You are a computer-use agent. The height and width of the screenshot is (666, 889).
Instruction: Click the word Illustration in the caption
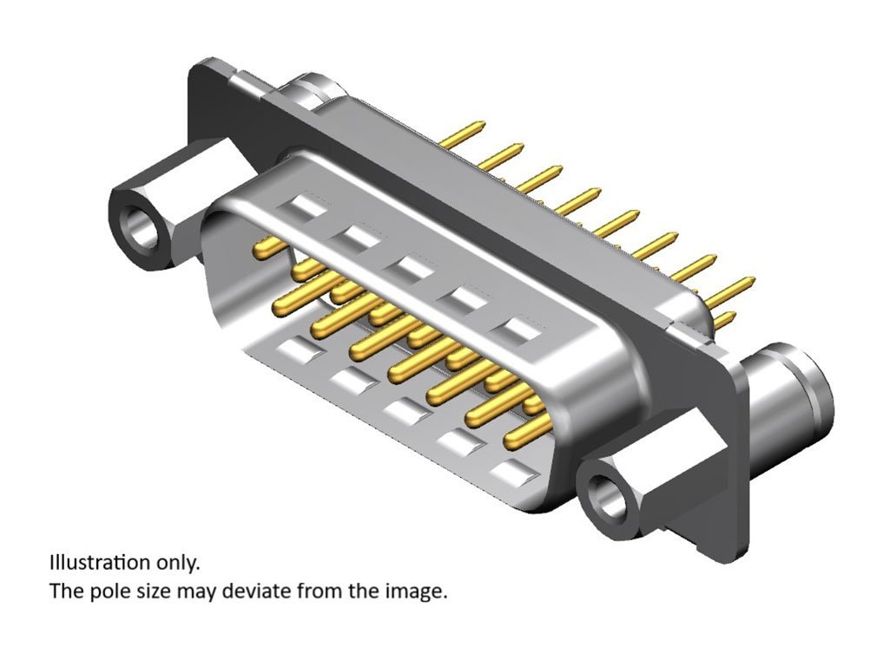[100, 562]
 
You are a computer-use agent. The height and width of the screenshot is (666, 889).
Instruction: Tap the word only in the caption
[177, 564]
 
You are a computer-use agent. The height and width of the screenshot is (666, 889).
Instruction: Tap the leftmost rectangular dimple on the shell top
[303, 207]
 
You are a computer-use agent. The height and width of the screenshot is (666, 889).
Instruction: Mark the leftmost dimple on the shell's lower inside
[300, 349]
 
